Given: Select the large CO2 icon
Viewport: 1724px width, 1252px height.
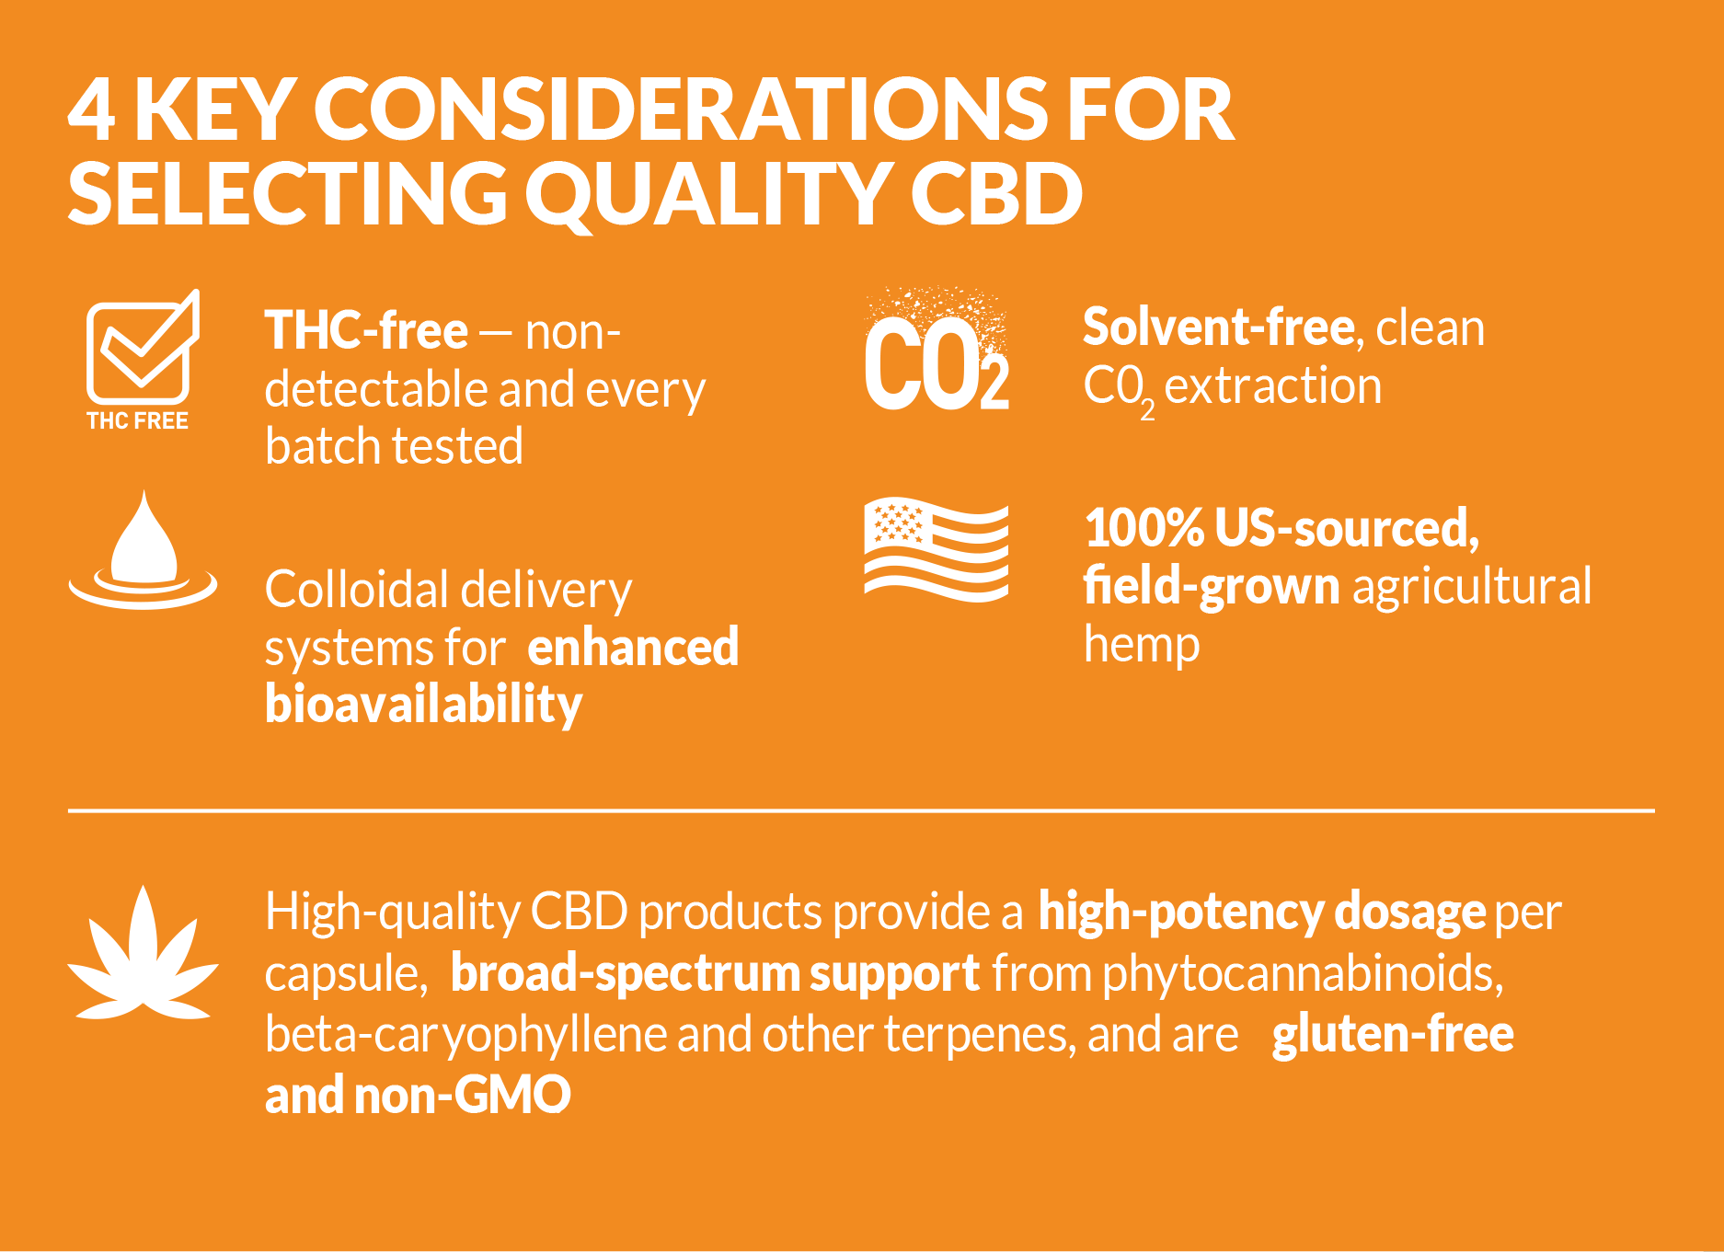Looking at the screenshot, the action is [x=937, y=350].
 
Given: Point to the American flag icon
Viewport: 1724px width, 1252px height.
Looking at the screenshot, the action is [x=937, y=550].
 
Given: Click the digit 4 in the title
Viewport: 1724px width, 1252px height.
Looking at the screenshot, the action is [x=92, y=110].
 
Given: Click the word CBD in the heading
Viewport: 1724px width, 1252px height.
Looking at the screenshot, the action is [x=997, y=194].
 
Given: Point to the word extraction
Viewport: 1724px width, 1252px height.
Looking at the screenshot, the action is [x=1273, y=386].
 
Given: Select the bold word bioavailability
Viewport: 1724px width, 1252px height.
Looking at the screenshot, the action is [x=424, y=705].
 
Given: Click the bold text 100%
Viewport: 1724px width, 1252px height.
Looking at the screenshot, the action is [x=1144, y=528].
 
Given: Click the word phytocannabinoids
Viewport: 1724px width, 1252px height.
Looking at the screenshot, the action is [x=1303, y=974].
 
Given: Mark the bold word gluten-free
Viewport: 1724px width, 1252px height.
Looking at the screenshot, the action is [x=1393, y=1034].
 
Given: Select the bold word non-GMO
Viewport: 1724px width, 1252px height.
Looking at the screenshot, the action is [x=463, y=1095].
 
